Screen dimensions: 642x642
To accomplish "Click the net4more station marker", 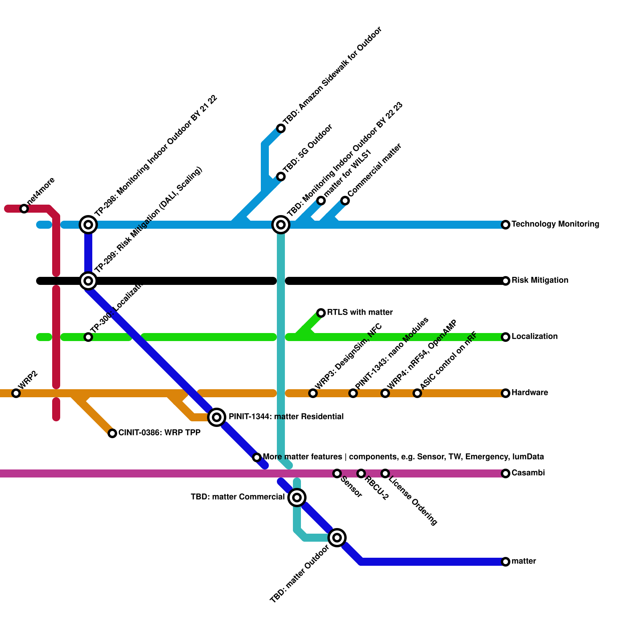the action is [x=24, y=209].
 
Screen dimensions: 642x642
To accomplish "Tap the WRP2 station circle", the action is [x=16, y=393].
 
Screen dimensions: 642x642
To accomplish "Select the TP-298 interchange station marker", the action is [x=88, y=224].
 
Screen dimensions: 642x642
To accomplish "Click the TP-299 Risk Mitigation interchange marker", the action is [x=88, y=280].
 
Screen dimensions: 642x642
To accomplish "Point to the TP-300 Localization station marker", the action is [x=88, y=337].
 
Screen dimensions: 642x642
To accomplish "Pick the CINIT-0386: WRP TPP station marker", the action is [x=112, y=433].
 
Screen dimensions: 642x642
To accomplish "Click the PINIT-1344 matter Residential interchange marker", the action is [x=217, y=417].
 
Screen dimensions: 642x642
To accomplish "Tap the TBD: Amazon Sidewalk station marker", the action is [x=281, y=128].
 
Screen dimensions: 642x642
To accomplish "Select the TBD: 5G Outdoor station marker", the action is [x=281, y=177].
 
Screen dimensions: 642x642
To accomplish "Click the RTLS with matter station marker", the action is [x=321, y=313].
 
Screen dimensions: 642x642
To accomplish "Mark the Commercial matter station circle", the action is [x=345, y=201].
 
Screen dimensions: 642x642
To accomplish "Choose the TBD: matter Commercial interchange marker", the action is [x=297, y=498].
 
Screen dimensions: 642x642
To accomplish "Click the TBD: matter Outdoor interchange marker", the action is [x=337, y=538].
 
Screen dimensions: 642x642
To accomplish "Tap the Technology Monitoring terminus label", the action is [x=555, y=224].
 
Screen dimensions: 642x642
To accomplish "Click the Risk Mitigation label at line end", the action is [x=540, y=280].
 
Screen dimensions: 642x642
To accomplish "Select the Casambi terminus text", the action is [x=528, y=473].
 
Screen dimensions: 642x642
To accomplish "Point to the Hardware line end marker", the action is [x=506, y=393].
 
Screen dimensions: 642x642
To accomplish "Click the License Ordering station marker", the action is [x=385, y=473].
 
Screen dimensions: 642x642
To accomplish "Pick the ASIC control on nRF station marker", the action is [x=417, y=393].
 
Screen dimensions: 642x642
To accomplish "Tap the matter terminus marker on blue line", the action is [x=506, y=562].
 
